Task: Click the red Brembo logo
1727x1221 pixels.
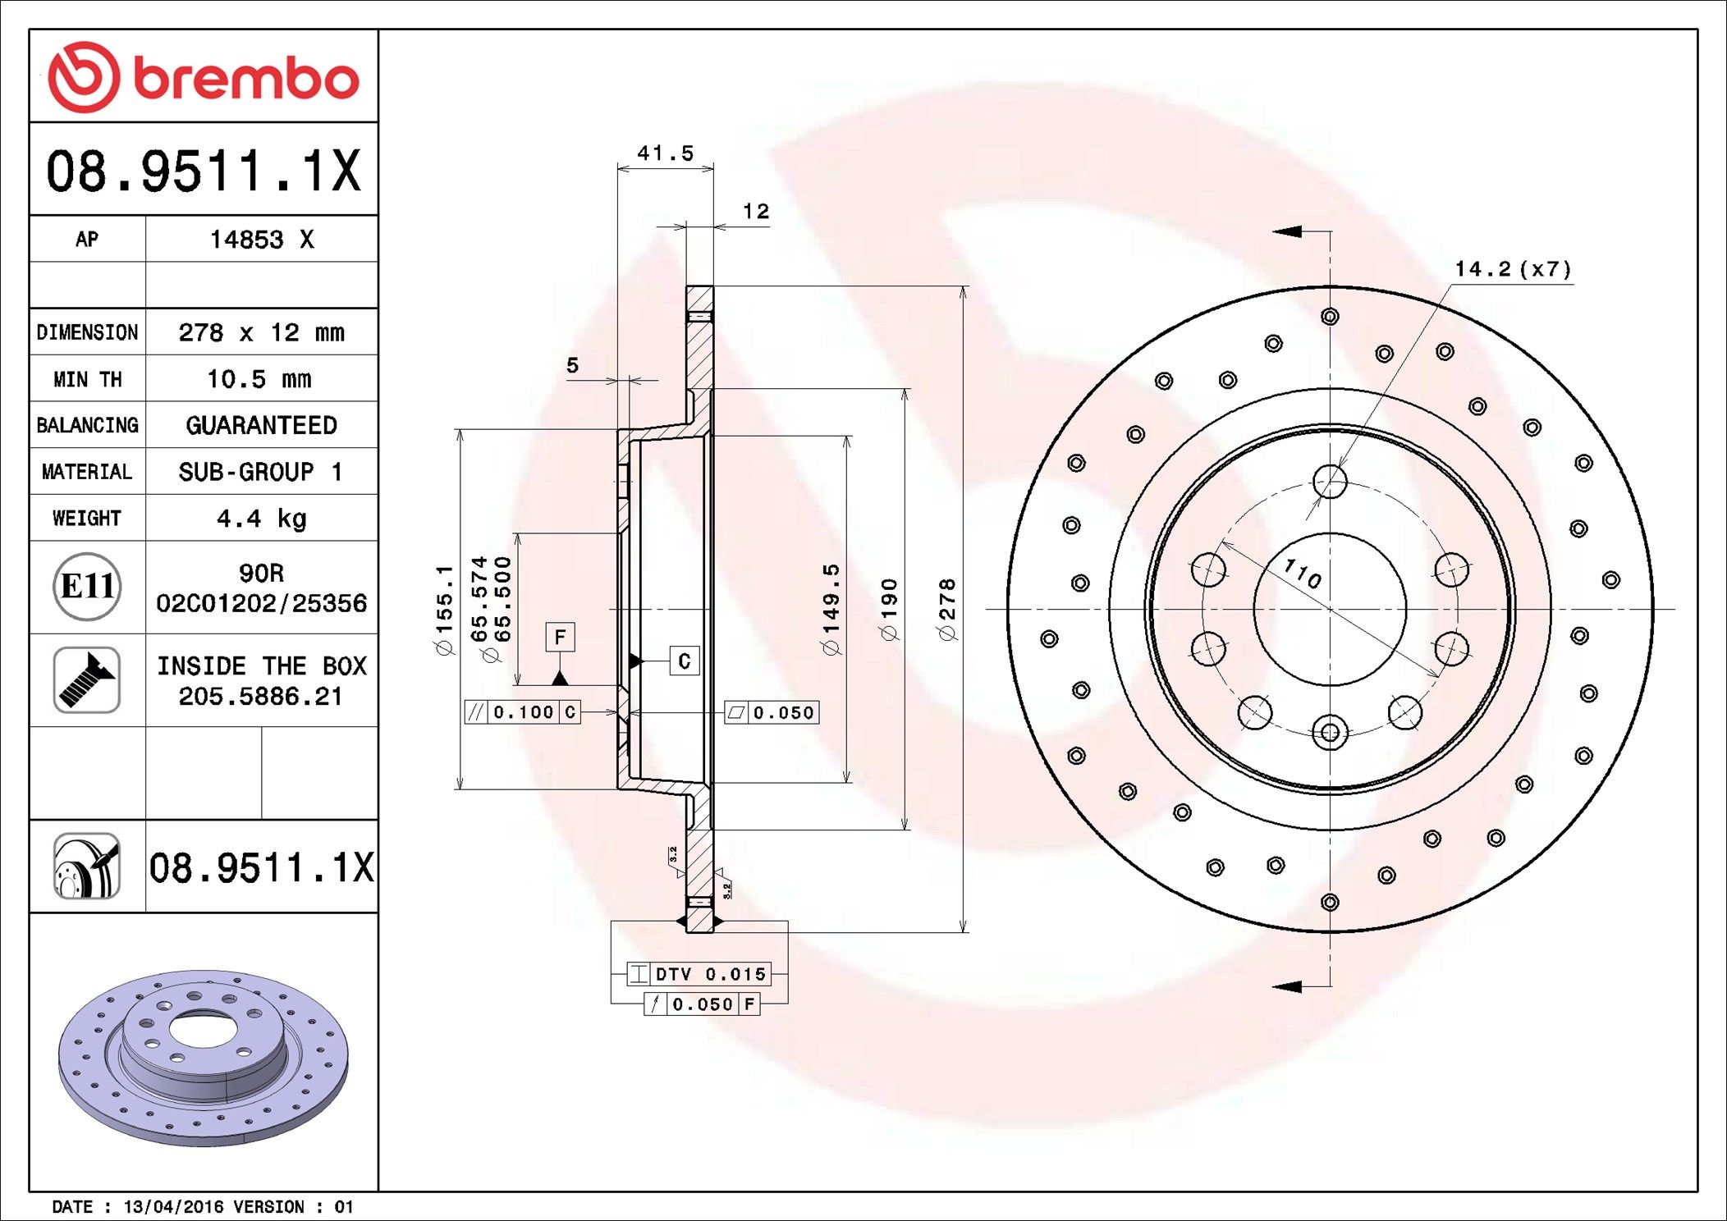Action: coord(204,77)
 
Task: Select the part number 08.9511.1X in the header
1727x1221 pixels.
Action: coord(204,171)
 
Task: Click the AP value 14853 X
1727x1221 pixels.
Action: coord(262,240)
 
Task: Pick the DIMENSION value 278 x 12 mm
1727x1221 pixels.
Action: coord(262,332)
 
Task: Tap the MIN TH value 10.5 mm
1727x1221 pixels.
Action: coord(259,379)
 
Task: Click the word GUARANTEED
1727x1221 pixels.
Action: coord(262,425)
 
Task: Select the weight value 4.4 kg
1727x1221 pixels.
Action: coord(262,519)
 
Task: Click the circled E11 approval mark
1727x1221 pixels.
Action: coord(87,586)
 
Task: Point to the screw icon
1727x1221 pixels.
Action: coord(87,679)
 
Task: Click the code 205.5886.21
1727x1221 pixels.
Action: coord(260,697)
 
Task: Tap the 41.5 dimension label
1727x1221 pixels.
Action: coord(666,153)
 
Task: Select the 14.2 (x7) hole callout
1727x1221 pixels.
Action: coord(1514,269)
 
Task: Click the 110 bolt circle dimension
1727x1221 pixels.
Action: coord(1303,574)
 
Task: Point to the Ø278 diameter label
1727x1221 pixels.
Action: coord(947,609)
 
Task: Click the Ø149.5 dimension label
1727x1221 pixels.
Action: coord(831,609)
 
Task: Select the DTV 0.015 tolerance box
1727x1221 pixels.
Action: coord(699,974)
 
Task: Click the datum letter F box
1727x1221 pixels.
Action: coord(560,637)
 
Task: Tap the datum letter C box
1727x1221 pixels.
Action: coord(685,661)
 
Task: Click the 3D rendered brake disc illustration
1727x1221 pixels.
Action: coord(204,1058)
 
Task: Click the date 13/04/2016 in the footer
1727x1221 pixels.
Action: coord(173,1207)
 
